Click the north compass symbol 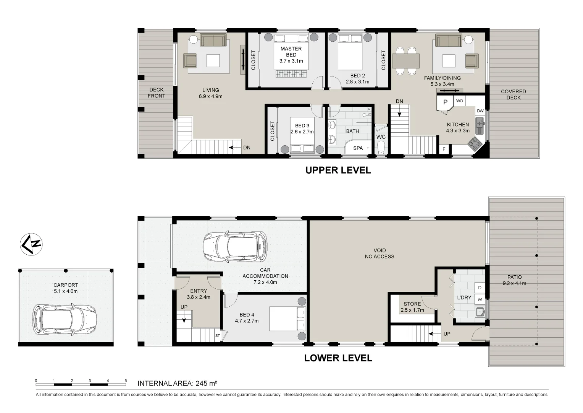click(x=31, y=244)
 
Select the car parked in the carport click(x=65, y=319)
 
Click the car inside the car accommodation click(x=235, y=247)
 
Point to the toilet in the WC click(x=381, y=147)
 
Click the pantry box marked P click(x=445, y=102)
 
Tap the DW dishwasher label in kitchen click(x=480, y=111)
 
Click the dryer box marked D click(x=480, y=288)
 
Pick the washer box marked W click(x=480, y=299)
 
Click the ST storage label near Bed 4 click(x=218, y=336)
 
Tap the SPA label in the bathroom click(x=358, y=148)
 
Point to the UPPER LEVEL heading click(x=338, y=170)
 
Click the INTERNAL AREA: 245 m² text click(x=177, y=383)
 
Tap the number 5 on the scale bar click(x=126, y=380)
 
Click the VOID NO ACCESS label click(x=379, y=254)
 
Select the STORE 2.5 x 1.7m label click(x=412, y=307)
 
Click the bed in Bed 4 click(x=287, y=319)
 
